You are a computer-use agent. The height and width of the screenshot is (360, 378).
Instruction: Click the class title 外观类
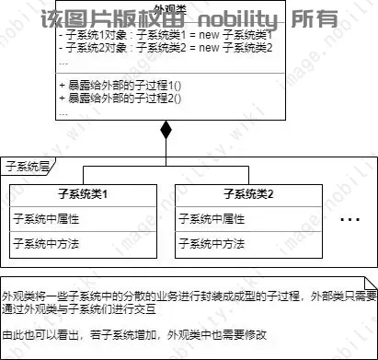(x=166, y=7)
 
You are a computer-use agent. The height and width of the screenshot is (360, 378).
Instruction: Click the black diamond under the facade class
(x=166, y=130)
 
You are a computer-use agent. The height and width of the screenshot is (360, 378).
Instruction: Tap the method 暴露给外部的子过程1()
(x=120, y=85)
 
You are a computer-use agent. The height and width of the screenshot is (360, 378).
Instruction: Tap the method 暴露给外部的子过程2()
(x=120, y=97)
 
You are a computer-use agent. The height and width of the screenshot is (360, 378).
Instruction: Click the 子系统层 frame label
(x=27, y=166)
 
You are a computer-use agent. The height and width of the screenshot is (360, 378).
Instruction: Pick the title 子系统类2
(x=248, y=195)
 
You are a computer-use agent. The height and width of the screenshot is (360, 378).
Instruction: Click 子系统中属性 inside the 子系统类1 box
(x=45, y=219)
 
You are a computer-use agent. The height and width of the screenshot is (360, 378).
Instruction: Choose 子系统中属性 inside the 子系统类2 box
(x=212, y=219)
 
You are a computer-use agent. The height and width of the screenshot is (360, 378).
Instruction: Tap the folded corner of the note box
(x=370, y=280)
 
